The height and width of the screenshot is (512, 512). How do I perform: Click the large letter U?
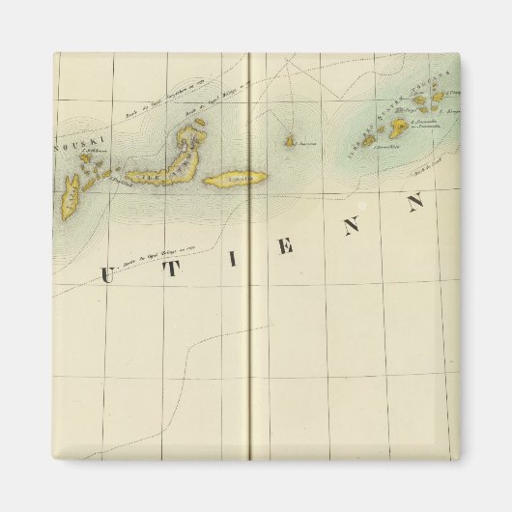pyautogui.click(x=107, y=275)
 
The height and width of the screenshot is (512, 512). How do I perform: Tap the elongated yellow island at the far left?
pyautogui.click(x=70, y=198)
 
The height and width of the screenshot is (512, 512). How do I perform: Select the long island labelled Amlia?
pyautogui.click(x=238, y=179)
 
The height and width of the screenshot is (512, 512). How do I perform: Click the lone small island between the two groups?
pyautogui.click(x=289, y=142)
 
